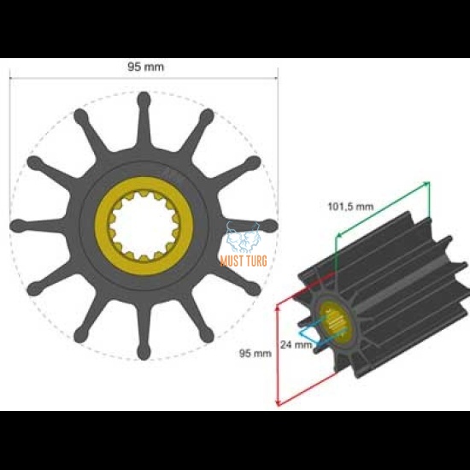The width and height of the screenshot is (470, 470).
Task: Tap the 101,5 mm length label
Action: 350,206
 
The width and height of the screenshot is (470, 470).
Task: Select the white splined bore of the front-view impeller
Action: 143,226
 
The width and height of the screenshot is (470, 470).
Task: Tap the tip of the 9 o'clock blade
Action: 16,226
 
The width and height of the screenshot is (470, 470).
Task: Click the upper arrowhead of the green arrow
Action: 426,184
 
